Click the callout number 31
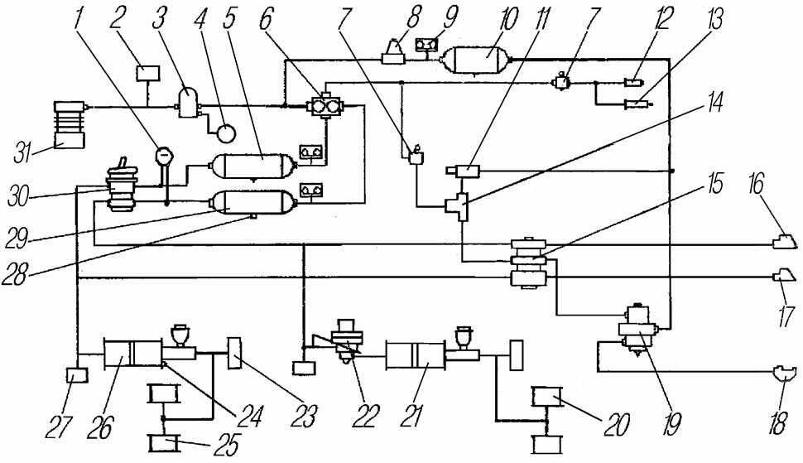[23, 153]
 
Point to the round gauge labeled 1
[164, 154]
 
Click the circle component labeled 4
[225, 133]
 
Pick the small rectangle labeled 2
[148, 73]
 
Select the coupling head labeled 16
[785, 241]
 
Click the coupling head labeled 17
[783, 277]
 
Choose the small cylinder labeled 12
[634, 82]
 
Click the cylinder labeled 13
[637, 105]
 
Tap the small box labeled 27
[77, 376]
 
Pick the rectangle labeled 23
[234, 353]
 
